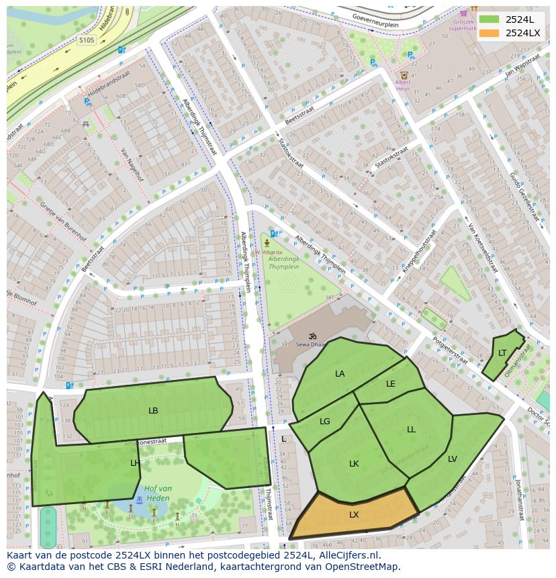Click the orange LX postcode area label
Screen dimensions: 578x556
tap(354, 515)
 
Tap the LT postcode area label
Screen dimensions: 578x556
tap(502, 353)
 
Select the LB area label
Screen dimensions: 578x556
tap(153, 410)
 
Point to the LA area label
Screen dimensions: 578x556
tap(340, 374)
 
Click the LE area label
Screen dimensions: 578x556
tap(391, 384)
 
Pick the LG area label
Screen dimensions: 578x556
tap(325, 422)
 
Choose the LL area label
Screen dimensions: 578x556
tap(411, 430)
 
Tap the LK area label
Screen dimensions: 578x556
tap(354, 464)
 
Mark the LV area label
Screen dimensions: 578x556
tap(453, 459)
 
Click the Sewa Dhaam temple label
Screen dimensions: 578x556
tap(312, 344)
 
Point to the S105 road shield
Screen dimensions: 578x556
tap(87, 40)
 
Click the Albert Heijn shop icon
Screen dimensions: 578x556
tap(404, 76)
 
